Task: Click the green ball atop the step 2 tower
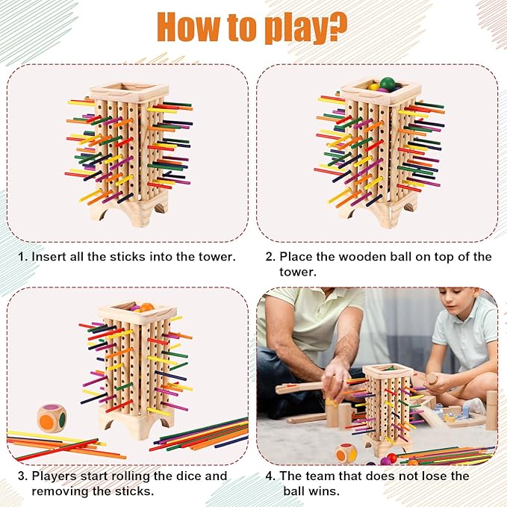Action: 388,84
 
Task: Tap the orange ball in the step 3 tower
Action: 146,307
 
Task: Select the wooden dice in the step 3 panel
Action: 52,418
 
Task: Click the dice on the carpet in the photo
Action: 346,452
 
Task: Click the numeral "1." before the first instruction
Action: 23,257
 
